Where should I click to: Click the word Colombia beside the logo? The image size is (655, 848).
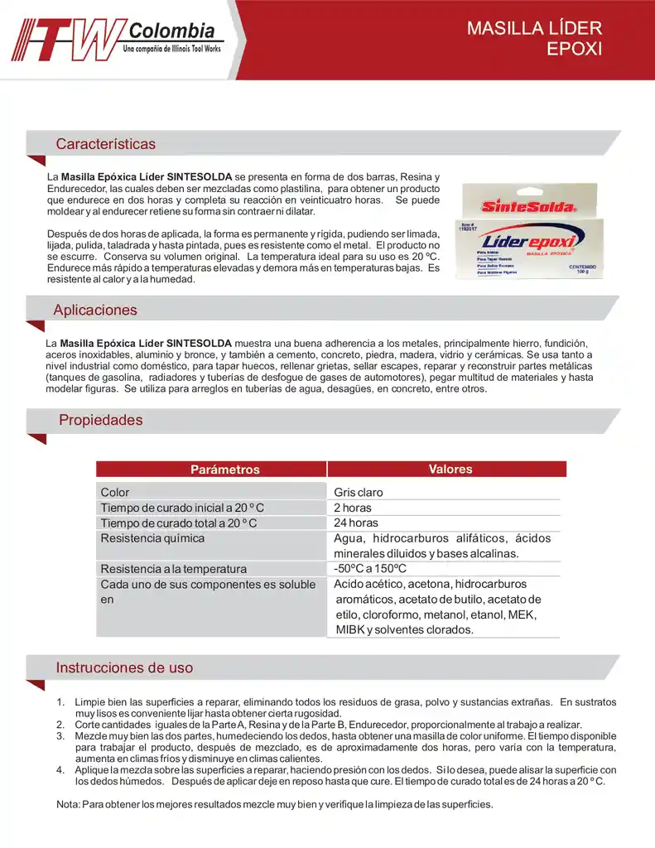[x=172, y=31]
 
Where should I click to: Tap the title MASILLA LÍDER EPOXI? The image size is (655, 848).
[x=534, y=38]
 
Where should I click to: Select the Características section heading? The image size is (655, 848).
[x=105, y=144]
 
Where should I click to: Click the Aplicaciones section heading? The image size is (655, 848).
[x=95, y=311]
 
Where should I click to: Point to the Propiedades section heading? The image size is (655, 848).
[x=100, y=420]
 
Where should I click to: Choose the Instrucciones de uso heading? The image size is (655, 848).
[x=124, y=667]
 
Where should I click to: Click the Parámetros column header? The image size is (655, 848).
[x=225, y=470]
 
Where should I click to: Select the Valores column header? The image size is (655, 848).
[x=450, y=469]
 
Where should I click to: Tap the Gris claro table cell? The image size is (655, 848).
[x=359, y=492]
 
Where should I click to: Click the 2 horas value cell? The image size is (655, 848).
[x=353, y=508]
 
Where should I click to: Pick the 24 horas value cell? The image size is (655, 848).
[x=356, y=523]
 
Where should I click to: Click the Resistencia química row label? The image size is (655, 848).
[x=152, y=538]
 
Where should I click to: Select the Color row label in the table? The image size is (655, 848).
[x=115, y=492]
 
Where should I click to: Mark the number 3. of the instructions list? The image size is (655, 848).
[x=60, y=735]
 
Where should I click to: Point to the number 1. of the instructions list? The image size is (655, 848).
[x=60, y=702]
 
